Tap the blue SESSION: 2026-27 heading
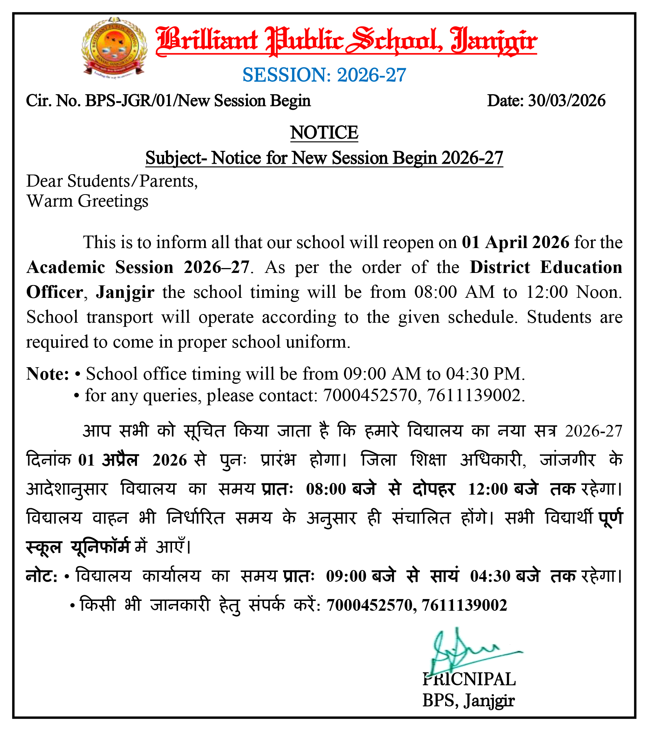324,75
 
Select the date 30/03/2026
566,101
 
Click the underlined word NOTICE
324,133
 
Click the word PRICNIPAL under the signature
469,680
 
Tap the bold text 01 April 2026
515,242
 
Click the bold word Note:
48,374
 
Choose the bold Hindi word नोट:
41,576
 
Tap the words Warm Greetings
88,201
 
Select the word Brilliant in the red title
207,41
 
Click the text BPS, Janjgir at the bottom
468,701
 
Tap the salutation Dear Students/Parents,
112,181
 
